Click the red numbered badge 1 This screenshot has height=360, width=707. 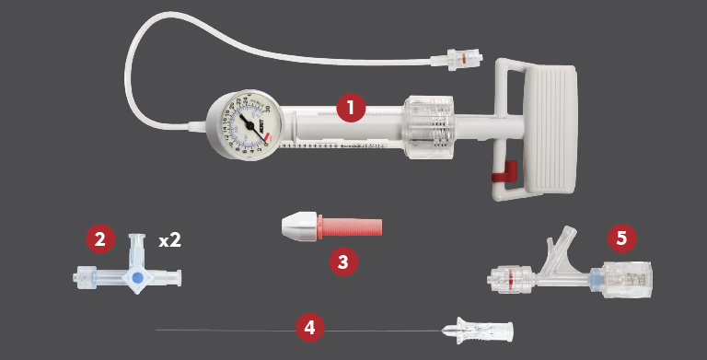351,108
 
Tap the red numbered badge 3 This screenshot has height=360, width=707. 343,261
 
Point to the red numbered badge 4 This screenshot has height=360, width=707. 310,327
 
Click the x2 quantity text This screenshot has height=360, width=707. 169,240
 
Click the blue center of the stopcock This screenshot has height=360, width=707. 137,276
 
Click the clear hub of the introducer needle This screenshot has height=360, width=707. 479,328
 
